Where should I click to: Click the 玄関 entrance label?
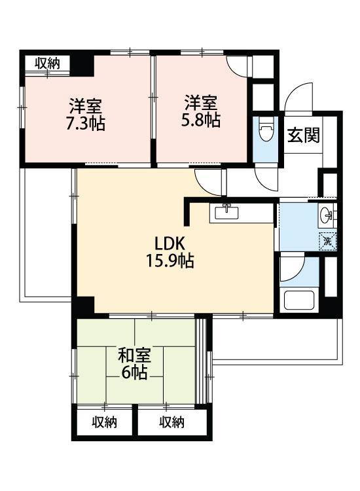[303, 136]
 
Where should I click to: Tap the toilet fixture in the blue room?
[266, 130]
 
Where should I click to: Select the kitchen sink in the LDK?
[226, 212]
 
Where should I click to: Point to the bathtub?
[299, 300]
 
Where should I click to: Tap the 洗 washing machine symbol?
[327, 242]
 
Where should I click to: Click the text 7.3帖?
[85, 123]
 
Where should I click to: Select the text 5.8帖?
[201, 119]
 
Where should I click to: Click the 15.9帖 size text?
[170, 260]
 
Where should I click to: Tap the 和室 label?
[134, 355]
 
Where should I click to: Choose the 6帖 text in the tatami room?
[134, 373]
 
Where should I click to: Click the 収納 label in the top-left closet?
[47, 64]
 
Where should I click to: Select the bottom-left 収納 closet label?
[105, 422]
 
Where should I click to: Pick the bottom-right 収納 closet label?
[172, 422]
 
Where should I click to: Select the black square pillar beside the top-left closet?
[82, 65]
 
